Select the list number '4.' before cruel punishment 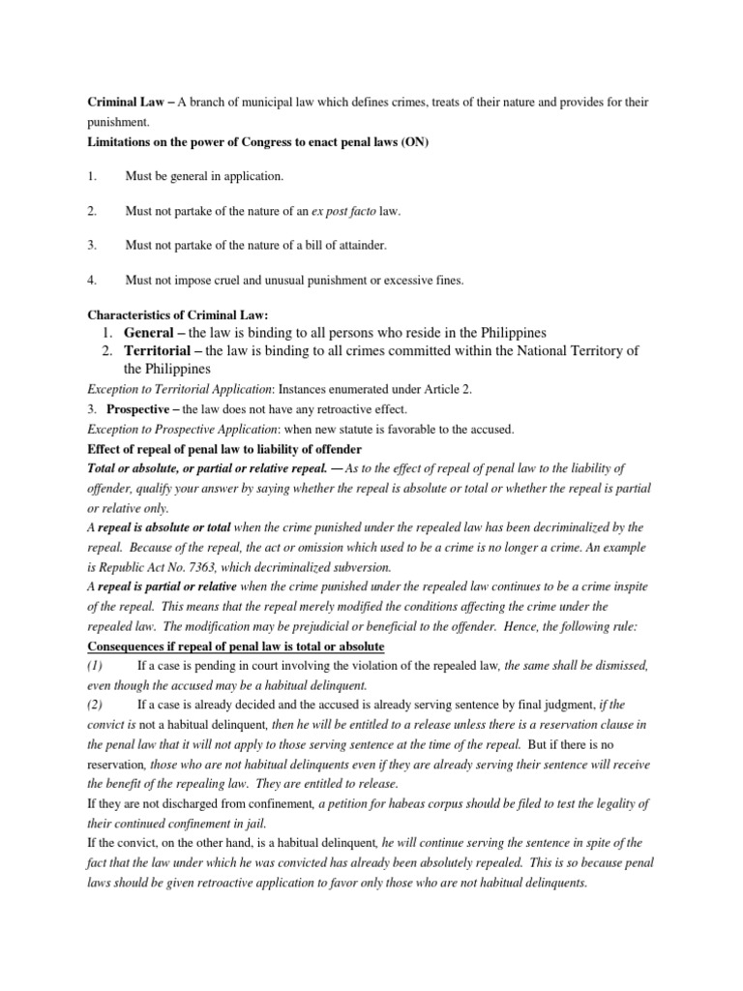(x=93, y=281)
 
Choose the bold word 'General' (x=151, y=333)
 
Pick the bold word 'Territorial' (x=160, y=350)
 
